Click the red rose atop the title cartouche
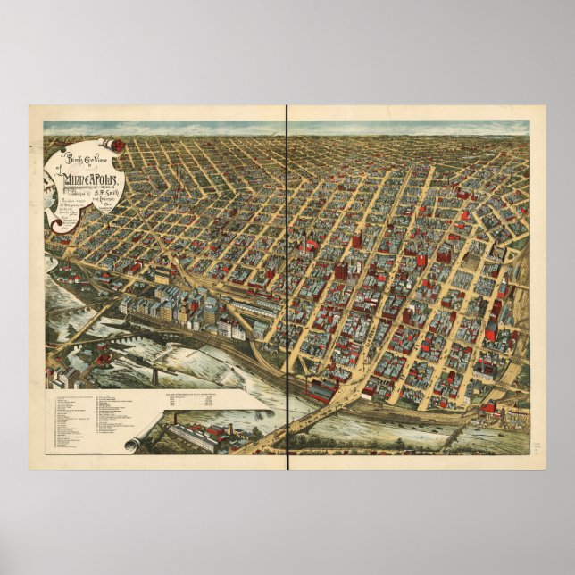click(x=116, y=144)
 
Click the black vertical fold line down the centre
click(x=287, y=286)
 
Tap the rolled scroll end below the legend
click(x=134, y=443)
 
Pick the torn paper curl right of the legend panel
click(x=264, y=414)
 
